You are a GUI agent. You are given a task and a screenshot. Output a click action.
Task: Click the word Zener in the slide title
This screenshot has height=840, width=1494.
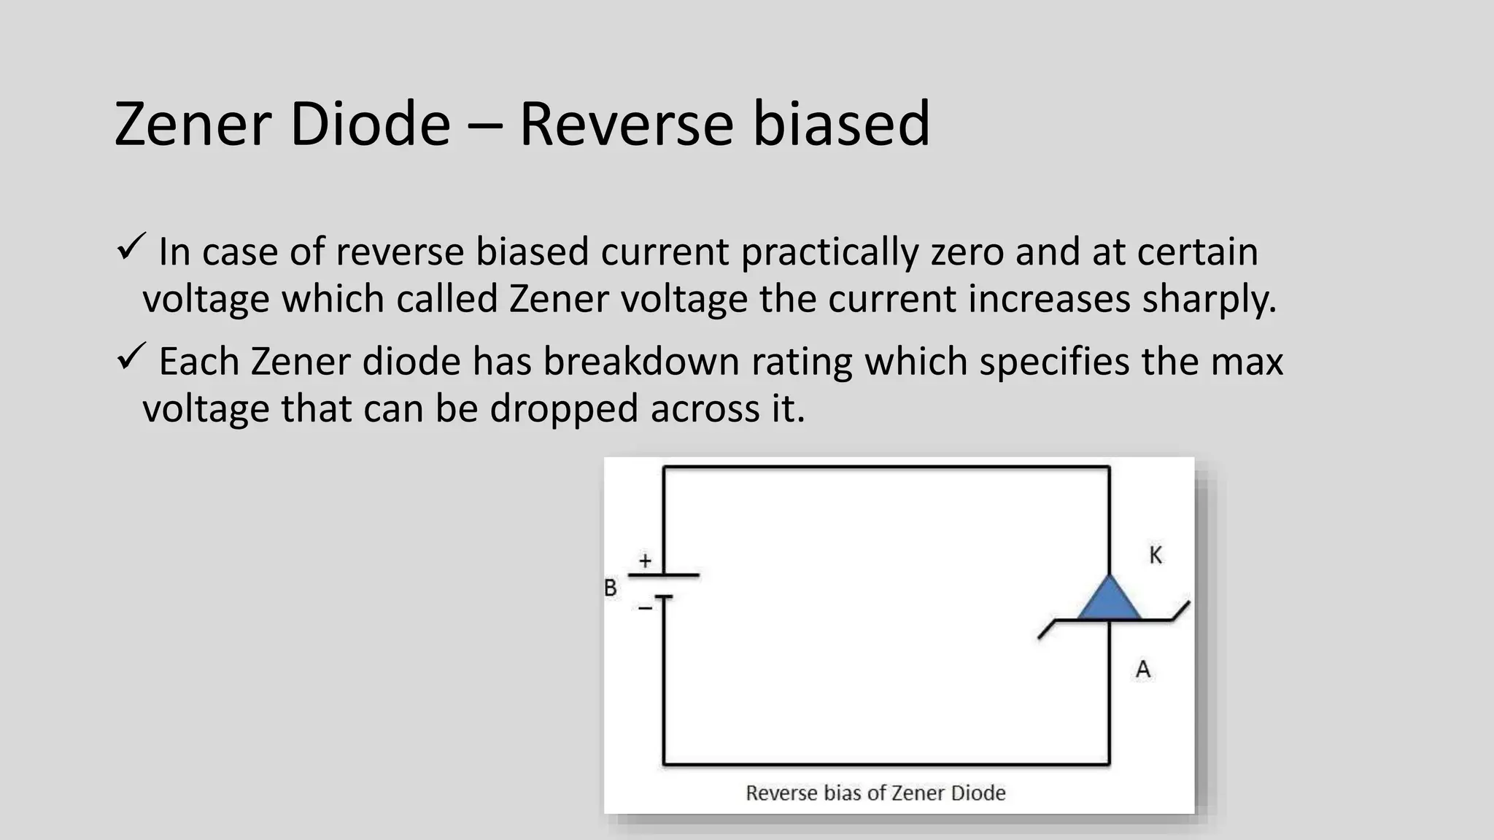click(193, 124)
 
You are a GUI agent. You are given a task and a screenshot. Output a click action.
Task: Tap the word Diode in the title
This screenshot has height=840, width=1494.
click(370, 124)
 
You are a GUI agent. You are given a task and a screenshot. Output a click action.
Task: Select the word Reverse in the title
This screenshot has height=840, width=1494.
click(625, 124)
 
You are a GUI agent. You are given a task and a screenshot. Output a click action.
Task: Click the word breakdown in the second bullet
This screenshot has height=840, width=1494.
click(641, 362)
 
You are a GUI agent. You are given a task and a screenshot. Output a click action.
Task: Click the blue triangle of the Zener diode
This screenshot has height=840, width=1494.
click(1109, 600)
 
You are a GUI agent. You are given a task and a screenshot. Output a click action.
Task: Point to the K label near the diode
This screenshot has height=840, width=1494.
click(1156, 556)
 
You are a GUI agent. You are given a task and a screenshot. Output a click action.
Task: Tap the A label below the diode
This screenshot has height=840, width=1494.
click(1143, 669)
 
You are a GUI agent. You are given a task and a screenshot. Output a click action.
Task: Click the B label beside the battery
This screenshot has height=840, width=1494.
click(611, 588)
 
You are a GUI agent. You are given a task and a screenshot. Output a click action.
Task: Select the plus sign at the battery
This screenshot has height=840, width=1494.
click(645, 561)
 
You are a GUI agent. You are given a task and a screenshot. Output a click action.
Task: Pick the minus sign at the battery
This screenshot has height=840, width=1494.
click(645, 607)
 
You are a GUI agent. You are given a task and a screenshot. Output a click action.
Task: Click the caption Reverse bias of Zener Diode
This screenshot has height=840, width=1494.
click(875, 793)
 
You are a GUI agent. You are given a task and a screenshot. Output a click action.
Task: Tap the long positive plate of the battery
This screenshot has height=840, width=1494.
click(663, 575)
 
